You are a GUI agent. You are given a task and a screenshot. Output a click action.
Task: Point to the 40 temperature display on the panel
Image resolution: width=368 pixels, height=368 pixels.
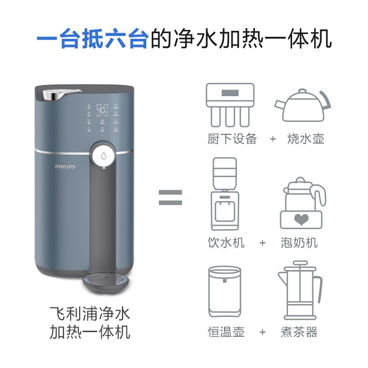(x=102, y=111)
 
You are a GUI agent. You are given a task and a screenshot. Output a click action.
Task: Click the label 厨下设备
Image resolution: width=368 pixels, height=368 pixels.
(x=232, y=139)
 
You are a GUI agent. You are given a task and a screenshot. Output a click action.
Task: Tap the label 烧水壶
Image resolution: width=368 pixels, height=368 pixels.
(x=305, y=139)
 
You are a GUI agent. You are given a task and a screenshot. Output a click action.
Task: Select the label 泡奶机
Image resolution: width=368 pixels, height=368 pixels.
(x=299, y=242)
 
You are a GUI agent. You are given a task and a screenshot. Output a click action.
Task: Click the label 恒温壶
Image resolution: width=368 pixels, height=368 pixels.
(x=226, y=332)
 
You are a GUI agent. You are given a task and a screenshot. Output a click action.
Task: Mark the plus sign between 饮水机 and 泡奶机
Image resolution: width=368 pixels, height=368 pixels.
(x=263, y=242)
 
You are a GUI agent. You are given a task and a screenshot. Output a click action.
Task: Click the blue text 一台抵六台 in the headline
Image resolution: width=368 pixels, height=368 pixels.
(x=92, y=39)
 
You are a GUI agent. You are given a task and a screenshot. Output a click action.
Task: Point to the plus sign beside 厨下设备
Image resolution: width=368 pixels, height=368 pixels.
(x=273, y=139)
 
